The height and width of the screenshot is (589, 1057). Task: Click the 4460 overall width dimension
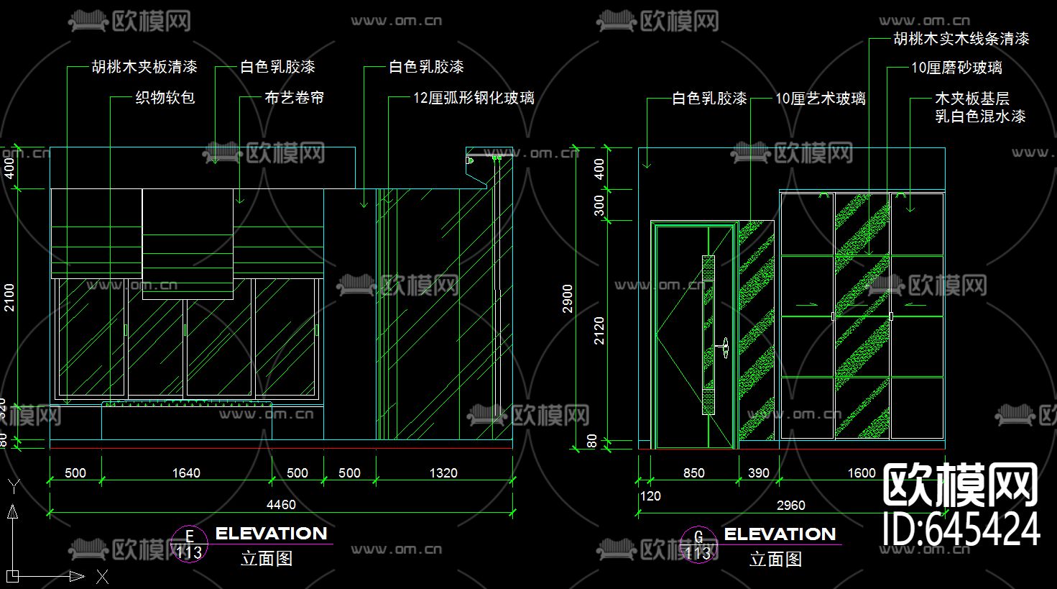point(281,505)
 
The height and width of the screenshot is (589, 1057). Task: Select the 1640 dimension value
point(186,472)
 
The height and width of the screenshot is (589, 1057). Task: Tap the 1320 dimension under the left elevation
point(443,472)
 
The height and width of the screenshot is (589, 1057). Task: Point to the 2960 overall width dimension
point(790,506)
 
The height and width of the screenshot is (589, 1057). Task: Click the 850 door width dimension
point(693,472)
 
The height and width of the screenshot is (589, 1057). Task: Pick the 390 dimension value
point(758,472)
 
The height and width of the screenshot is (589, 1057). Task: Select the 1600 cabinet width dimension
point(861,472)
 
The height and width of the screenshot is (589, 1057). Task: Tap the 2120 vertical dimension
point(599,330)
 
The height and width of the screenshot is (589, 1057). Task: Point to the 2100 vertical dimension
point(9,297)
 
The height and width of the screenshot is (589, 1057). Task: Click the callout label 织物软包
point(165,97)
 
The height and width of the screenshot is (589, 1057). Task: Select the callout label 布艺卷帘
point(294,97)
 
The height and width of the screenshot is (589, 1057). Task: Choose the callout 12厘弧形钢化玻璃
point(474,98)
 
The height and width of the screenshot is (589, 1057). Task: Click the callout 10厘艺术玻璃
point(820,99)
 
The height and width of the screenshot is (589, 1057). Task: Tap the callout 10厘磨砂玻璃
point(956,68)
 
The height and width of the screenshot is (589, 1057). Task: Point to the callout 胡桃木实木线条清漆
point(961,39)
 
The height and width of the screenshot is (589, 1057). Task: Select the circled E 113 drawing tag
point(190,544)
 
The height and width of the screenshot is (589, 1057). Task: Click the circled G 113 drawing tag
point(698,545)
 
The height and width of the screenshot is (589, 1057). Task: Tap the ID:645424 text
point(961,529)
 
